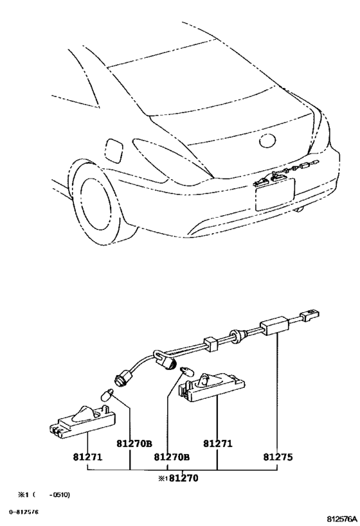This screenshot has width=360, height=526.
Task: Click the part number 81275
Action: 278,457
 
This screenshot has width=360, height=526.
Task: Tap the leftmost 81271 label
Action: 87,457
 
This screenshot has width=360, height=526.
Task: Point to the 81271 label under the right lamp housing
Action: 218,444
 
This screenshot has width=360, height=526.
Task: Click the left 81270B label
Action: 134,444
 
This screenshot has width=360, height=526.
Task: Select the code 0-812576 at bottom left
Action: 24,512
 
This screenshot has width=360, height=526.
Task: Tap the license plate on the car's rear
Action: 275,194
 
